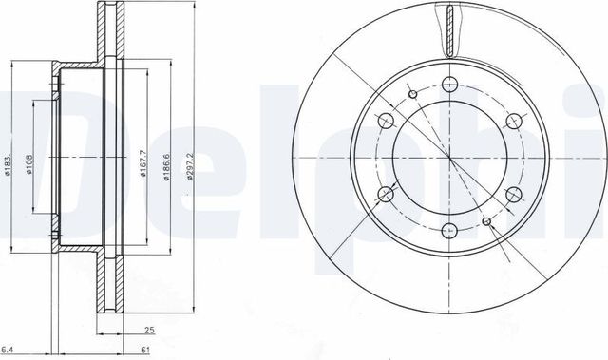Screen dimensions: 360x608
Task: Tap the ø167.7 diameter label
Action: [x=142, y=161]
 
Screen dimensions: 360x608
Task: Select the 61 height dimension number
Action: [x=145, y=350]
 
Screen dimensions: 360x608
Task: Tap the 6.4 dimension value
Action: [x=8, y=350]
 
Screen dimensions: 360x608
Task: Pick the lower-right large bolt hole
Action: [x=515, y=194]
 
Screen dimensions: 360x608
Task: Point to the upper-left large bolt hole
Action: [x=387, y=121]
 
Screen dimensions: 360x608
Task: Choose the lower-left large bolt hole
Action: [x=387, y=194]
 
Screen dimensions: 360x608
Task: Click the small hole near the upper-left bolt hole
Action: [x=414, y=93]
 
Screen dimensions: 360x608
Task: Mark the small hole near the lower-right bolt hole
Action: [x=487, y=221]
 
